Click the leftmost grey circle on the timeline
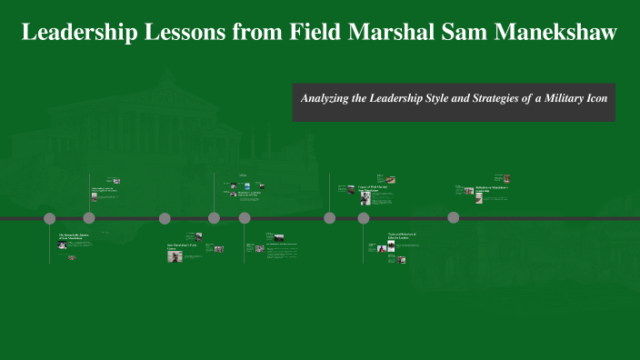[50, 218]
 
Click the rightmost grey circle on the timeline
[454, 217]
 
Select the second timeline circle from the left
[89, 218]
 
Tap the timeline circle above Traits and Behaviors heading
[364, 218]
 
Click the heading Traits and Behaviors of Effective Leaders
[402, 235]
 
